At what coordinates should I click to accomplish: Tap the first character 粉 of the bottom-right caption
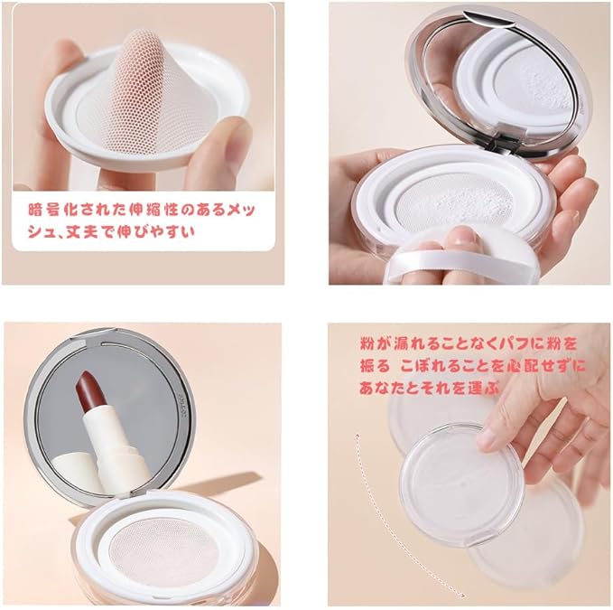[367, 344]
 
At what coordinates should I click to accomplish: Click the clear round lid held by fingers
[461, 484]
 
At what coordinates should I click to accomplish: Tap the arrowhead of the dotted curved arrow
[461, 596]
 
